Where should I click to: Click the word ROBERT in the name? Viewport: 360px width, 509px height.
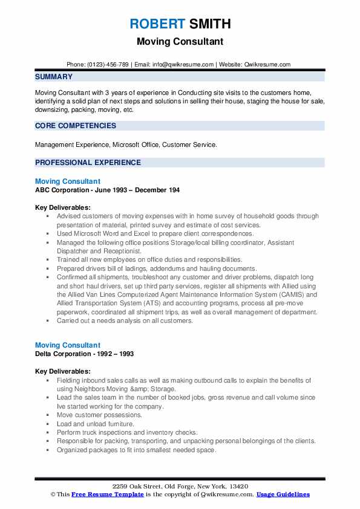click(x=156, y=24)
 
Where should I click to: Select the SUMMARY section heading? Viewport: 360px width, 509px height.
click(x=54, y=77)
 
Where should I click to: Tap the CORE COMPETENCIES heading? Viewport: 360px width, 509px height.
click(x=76, y=126)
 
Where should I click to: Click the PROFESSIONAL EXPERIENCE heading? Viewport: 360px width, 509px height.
click(x=88, y=163)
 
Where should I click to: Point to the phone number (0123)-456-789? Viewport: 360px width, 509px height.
click(x=108, y=64)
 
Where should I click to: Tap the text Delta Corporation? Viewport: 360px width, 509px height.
click(x=64, y=354)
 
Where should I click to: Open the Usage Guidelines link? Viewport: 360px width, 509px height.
click(x=283, y=494)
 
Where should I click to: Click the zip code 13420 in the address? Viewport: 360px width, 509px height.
click(x=238, y=487)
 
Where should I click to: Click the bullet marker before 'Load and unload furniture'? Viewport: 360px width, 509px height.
click(x=48, y=424)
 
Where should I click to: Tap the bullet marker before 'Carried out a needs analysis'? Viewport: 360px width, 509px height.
click(x=48, y=321)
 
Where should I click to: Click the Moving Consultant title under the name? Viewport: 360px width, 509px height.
click(x=180, y=42)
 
